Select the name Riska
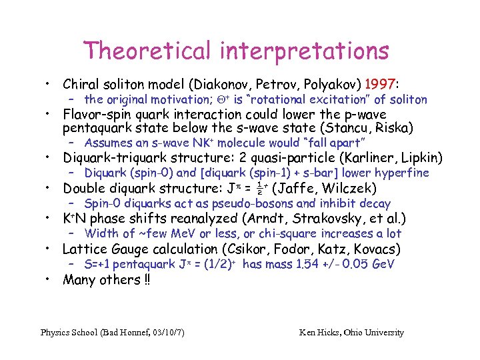(x=392, y=128)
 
